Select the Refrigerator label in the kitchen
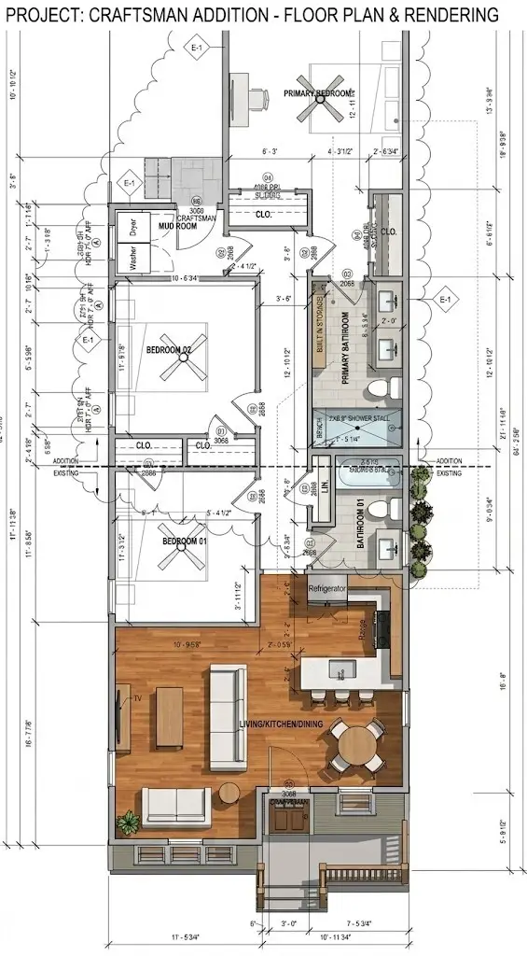pos(328,590)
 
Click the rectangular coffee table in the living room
pos(170,716)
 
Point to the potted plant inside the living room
pos(128,822)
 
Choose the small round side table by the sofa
pos(229,793)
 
